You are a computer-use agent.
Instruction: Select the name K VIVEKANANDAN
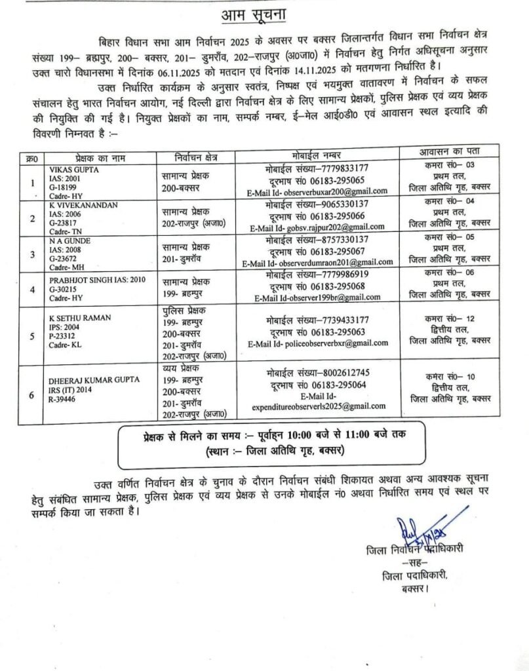pos(83,205)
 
